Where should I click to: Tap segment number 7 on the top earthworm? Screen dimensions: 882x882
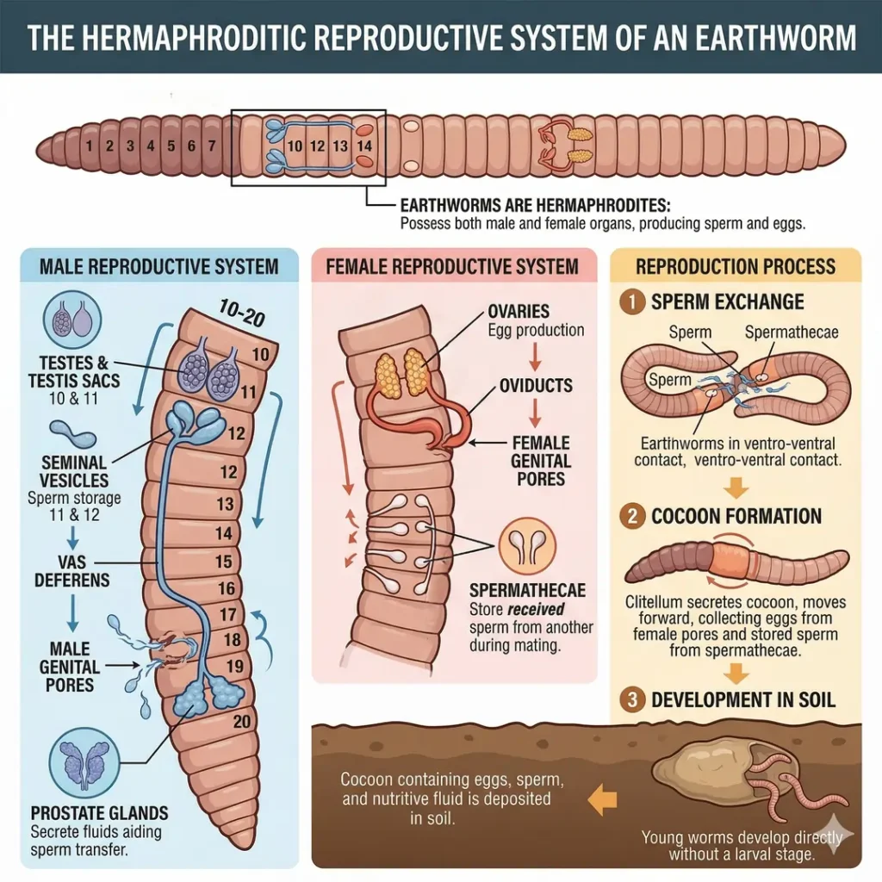(x=211, y=146)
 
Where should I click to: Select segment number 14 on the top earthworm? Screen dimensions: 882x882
(x=364, y=146)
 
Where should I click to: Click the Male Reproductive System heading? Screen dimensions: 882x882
(x=159, y=265)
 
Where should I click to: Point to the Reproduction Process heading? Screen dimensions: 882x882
(x=736, y=265)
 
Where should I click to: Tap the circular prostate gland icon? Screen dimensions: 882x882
(x=84, y=761)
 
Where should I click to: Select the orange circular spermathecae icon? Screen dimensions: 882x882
(x=527, y=546)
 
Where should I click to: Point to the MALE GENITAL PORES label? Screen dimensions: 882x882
(x=69, y=667)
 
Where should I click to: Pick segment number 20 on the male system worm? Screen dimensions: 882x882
(x=241, y=722)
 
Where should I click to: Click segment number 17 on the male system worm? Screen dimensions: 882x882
(x=228, y=616)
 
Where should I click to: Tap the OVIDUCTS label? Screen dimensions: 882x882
(x=536, y=386)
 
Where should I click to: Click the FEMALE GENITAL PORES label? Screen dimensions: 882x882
(x=540, y=460)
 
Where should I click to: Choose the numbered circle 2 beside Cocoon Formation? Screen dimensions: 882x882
(x=634, y=517)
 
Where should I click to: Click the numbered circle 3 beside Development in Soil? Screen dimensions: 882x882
(x=634, y=699)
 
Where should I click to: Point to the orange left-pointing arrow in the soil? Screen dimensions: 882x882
(x=601, y=800)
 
